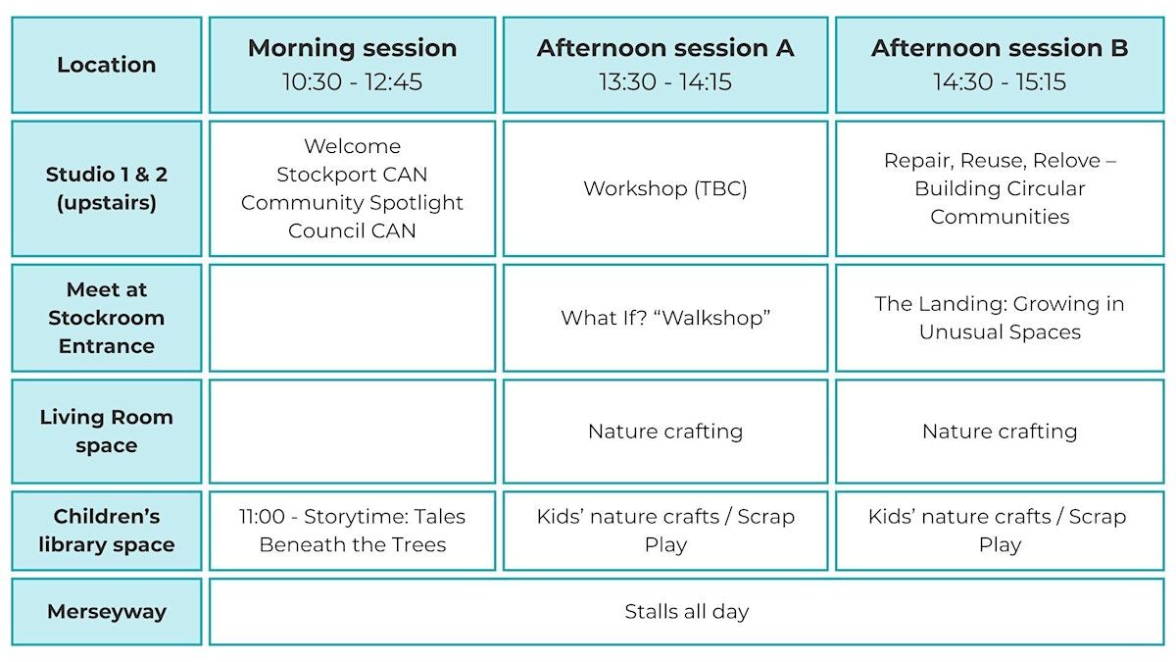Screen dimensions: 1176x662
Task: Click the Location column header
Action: (x=107, y=65)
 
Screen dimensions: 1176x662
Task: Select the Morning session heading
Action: (x=352, y=48)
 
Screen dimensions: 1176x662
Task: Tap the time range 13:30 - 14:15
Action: (x=665, y=81)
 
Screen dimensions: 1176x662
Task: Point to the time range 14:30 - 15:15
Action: (x=1000, y=81)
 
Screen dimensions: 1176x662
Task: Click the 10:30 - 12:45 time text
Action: (x=352, y=81)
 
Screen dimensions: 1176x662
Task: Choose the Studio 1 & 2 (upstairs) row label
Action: (x=107, y=188)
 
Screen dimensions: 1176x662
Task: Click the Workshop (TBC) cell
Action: (x=665, y=188)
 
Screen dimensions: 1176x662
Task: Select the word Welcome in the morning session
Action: (x=352, y=146)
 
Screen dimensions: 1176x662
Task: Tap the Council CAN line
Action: (x=352, y=230)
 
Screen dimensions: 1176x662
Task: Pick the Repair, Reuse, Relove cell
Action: (x=1000, y=188)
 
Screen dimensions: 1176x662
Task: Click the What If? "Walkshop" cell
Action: (x=665, y=318)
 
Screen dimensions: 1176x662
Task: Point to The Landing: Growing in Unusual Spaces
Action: (x=1000, y=318)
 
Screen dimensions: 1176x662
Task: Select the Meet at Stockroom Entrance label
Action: (x=107, y=318)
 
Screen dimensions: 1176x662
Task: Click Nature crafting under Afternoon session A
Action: (x=665, y=432)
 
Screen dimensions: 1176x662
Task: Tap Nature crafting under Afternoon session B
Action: (x=1000, y=432)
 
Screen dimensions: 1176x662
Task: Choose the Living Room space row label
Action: (x=107, y=432)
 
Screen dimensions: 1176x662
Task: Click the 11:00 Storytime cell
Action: (x=352, y=531)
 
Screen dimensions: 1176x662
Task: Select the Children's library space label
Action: (x=107, y=531)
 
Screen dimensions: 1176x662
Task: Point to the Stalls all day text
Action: (x=687, y=612)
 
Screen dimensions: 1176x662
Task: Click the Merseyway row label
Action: (x=107, y=612)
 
